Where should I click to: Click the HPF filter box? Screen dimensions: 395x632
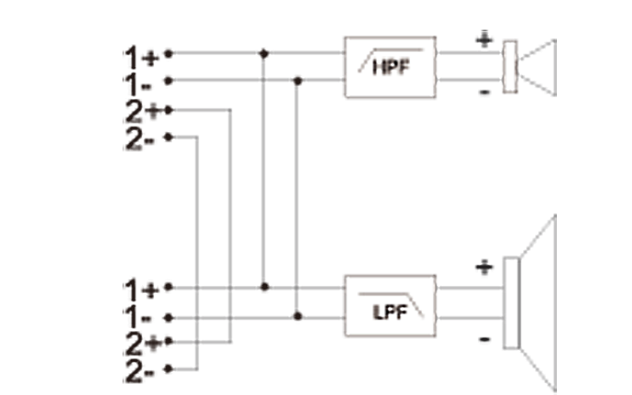pos(390,67)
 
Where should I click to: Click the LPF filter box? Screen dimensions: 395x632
pos(390,306)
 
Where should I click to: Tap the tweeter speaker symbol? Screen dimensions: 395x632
pos(529,67)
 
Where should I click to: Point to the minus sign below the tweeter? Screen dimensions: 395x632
pos(483,93)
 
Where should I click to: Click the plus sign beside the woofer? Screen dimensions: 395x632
pos(483,269)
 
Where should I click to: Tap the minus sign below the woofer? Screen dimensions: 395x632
pos(483,341)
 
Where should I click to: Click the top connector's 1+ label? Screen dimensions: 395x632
pos(141,55)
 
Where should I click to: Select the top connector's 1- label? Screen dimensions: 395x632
pos(139,81)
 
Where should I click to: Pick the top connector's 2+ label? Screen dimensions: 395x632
pos(141,111)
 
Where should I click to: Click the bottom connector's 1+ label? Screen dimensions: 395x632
pos(141,287)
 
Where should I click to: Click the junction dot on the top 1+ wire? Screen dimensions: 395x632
pos(264,55)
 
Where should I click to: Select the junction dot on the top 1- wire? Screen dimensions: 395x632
pos(297,81)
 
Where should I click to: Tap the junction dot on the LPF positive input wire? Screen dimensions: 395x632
pos(264,287)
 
